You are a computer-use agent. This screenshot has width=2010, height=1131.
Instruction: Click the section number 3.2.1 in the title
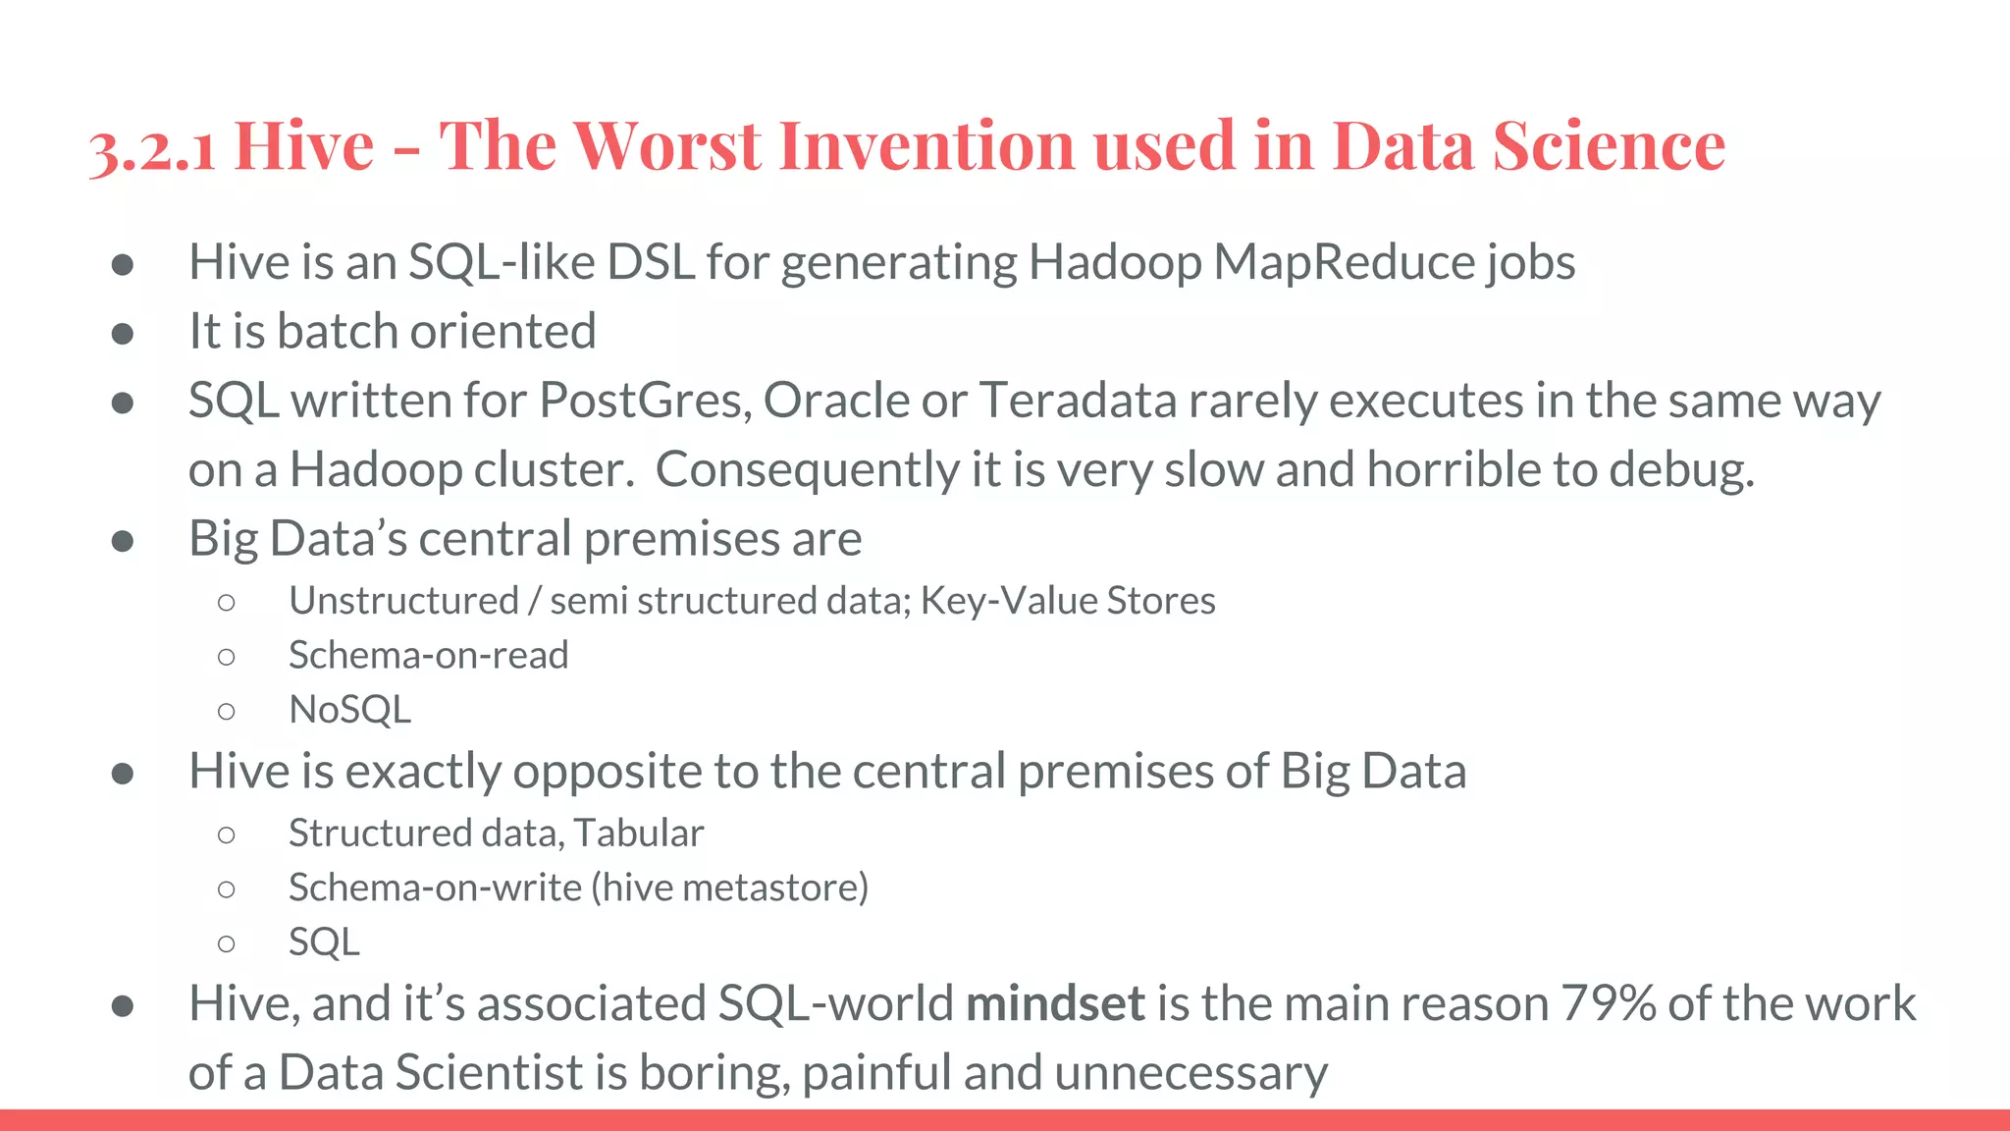(x=152, y=147)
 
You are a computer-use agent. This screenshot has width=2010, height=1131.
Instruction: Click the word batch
(x=338, y=331)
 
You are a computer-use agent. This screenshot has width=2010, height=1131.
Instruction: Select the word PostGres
(x=644, y=401)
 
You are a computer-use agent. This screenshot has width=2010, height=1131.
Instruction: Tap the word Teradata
(x=1078, y=401)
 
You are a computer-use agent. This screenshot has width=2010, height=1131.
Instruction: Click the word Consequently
(x=806, y=469)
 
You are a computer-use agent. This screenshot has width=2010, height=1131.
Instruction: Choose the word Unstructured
(x=403, y=601)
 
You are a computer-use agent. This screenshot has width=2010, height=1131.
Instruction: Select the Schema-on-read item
(x=428, y=655)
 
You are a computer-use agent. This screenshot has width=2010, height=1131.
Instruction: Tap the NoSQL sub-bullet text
(x=349, y=710)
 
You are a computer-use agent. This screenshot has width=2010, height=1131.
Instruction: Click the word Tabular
(x=639, y=834)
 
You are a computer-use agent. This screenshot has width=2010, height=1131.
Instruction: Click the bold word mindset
(x=1055, y=1003)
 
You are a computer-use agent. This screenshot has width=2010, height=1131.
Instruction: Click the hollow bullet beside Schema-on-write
(x=227, y=889)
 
